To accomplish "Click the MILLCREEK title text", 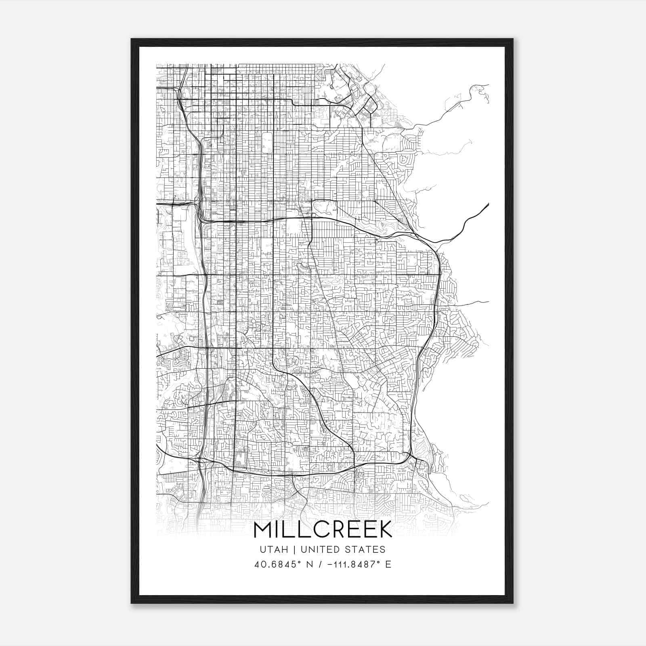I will pyautogui.click(x=323, y=529).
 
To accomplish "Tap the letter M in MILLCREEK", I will pyautogui.click(x=263, y=529).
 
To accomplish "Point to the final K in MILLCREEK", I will pyautogui.click(x=385, y=529).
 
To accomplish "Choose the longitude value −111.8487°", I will pyautogui.click(x=350, y=564).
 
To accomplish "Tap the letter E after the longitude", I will pyautogui.click(x=388, y=564).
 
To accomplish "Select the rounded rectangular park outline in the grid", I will pyautogui.click(x=267, y=142).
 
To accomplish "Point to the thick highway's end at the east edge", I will pyautogui.click(x=488, y=204).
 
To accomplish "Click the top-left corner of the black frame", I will pyautogui.click(x=132, y=39).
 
